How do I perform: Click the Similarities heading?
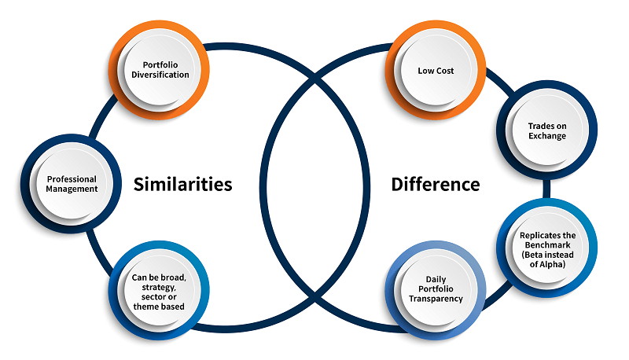click(x=183, y=184)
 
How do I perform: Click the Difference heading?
click(x=436, y=184)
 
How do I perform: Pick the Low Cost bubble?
click(x=436, y=70)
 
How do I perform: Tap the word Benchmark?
click(x=548, y=245)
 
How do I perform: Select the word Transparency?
click(x=436, y=299)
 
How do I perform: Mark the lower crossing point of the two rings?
click(x=314, y=294)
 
